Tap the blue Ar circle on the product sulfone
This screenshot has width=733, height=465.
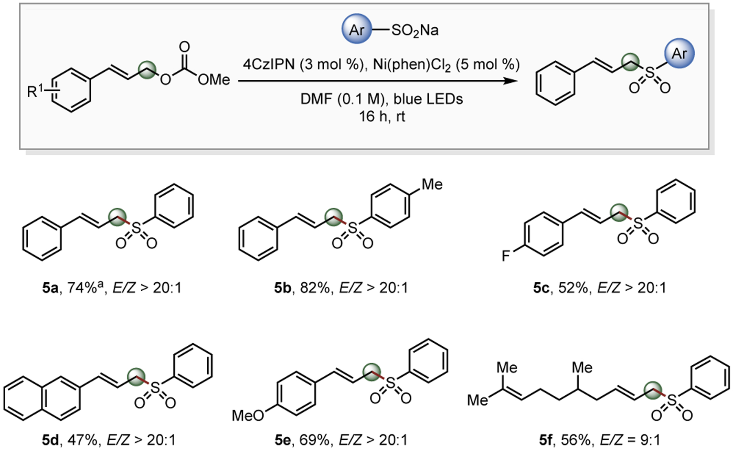(x=679, y=53)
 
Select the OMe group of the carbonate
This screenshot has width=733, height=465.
(x=214, y=79)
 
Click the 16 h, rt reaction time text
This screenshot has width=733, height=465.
(x=382, y=116)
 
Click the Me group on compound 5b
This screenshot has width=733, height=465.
(x=432, y=184)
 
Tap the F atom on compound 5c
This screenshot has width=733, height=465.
(x=505, y=256)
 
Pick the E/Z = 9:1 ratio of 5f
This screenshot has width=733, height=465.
(x=630, y=440)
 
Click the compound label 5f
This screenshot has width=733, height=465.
(x=546, y=440)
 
